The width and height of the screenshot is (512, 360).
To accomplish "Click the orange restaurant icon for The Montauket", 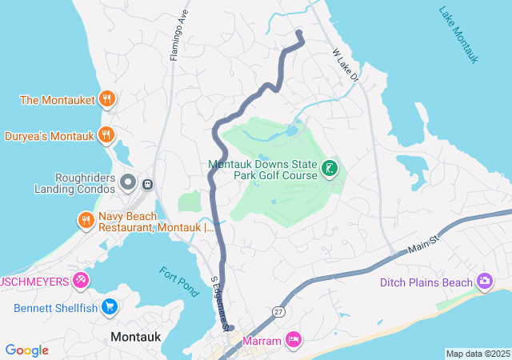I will [107, 100].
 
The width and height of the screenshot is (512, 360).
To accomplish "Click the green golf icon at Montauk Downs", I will [328, 168].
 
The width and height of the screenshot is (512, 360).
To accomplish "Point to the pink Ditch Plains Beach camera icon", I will [484, 282].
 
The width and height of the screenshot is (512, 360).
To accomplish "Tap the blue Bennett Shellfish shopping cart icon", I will [110, 307].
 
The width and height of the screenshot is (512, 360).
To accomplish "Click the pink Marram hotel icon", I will [294, 341].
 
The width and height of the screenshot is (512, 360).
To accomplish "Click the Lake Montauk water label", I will [458, 35].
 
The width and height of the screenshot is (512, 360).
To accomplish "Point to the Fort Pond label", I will [178, 282].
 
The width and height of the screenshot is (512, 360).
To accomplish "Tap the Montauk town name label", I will [135, 337].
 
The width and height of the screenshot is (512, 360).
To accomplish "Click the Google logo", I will [26, 350].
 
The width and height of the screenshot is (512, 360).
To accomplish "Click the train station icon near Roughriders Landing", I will [147, 184].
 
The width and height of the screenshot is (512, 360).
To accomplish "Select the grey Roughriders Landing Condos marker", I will [127, 184].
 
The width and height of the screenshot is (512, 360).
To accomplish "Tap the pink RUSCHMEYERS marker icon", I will [80, 280].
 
